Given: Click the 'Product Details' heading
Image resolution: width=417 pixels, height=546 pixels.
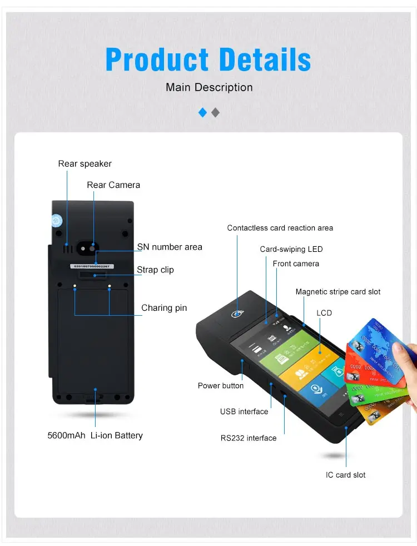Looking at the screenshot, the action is click(208, 59).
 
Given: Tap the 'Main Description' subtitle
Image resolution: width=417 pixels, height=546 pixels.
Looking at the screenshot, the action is click(209, 87).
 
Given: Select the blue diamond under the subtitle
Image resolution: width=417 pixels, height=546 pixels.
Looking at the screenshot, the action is click(202, 112).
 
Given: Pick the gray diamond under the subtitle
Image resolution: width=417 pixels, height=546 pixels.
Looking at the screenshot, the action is click(216, 112).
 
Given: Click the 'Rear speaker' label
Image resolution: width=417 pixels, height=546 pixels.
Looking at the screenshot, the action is click(85, 163).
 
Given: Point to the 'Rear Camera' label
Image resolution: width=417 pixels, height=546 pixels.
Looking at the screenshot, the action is click(113, 185).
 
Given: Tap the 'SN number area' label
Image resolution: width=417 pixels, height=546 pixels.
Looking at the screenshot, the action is click(170, 247).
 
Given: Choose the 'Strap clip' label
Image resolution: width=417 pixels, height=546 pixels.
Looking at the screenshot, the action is click(155, 270).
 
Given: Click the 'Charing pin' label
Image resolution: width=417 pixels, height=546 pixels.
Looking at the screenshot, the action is click(164, 308).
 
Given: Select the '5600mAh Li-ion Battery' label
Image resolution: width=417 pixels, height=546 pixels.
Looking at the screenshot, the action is click(95, 435).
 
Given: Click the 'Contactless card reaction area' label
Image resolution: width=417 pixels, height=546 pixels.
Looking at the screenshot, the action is click(280, 228).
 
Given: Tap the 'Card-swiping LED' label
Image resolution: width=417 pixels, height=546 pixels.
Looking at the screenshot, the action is click(291, 249).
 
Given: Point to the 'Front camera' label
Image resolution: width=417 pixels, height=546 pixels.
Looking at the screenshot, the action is click(296, 264).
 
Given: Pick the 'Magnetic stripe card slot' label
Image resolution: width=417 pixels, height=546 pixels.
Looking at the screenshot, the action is click(338, 292).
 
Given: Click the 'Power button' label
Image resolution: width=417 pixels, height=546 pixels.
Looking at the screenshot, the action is click(221, 385).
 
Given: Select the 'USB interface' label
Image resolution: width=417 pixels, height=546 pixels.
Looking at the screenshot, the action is click(244, 411).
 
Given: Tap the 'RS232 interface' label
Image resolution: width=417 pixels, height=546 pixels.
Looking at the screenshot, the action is click(249, 438).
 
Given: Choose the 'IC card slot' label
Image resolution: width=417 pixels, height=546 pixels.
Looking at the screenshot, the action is click(346, 475).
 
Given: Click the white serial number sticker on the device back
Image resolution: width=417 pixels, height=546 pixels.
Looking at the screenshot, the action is click(92, 266).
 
